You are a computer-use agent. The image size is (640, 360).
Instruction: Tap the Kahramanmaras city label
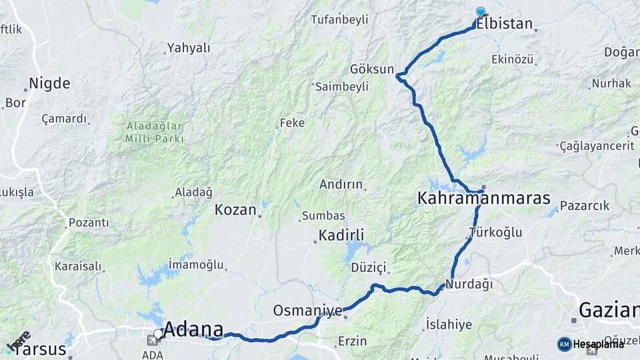(x=483, y=198)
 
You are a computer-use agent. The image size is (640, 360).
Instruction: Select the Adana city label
(x=193, y=329)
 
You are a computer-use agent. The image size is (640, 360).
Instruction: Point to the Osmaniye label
(x=307, y=311)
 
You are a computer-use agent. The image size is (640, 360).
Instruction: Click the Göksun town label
(x=372, y=69)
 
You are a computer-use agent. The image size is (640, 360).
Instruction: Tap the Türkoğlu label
(x=495, y=233)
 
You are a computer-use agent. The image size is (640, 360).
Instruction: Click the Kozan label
(x=235, y=209)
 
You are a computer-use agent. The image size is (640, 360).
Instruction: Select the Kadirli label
(x=341, y=235)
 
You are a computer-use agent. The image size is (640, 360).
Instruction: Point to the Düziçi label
(x=369, y=267)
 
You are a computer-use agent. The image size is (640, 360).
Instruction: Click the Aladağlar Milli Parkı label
(x=154, y=132)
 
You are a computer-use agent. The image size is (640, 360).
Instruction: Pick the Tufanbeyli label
(x=339, y=19)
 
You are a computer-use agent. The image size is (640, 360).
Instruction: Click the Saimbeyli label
(x=342, y=87)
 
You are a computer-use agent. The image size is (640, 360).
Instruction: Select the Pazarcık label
(x=585, y=205)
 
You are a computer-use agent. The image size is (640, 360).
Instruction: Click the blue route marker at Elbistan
(x=481, y=12)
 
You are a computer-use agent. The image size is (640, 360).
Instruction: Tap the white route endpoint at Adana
(x=158, y=333)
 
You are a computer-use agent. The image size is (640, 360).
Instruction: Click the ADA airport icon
(x=153, y=340)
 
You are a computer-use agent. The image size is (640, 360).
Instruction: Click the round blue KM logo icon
(x=564, y=344)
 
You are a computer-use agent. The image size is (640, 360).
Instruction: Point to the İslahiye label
(x=449, y=325)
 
